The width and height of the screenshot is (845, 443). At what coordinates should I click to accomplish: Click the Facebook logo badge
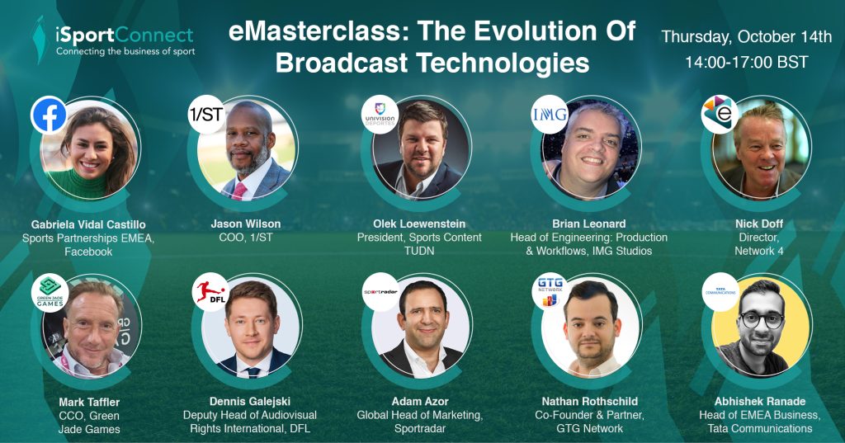pyautogui.click(x=49, y=115)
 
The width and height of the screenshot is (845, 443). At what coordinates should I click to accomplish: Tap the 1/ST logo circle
pyautogui.click(x=206, y=115)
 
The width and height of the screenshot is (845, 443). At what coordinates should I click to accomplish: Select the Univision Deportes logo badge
pyautogui.click(x=380, y=115)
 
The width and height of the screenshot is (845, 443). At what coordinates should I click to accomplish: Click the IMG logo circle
pyautogui.click(x=550, y=115)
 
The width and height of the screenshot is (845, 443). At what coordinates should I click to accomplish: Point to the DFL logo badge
pyautogui.click(x=210, y=291)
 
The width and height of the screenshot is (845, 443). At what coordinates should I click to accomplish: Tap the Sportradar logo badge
pyautogui.click(x=380, y=291)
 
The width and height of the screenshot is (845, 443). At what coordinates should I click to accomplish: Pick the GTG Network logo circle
pyautogui.click(x=550, y=291)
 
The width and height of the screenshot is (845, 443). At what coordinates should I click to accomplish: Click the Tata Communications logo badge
pyautogui.click(x=720, y=291)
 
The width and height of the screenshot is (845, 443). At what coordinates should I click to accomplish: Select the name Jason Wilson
pyautogui.click(x=246, y=224)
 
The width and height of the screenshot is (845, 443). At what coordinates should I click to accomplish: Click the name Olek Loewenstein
pyautogui.click(x=419, y=224)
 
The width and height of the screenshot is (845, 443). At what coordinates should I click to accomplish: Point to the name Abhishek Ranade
pyautogui.click(x=760, y=402)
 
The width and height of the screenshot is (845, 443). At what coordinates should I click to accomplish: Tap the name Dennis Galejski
pyautogui.click(x=250, y=402)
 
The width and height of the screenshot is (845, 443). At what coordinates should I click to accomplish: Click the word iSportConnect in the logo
pyautogui.click(x=125, y=35)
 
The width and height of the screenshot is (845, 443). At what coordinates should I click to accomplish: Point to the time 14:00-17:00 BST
pyautogui.click(x=746, y=62)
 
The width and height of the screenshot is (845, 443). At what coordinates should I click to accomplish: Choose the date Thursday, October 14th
pyautogui.click(x=747, y=37)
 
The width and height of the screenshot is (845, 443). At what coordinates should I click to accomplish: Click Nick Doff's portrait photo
pyautogui.click(x=760, y=148)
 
